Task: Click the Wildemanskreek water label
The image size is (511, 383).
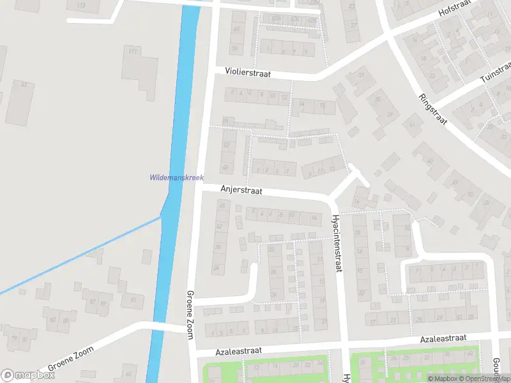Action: point(176,177)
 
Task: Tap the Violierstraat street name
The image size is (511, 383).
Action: point(248,74)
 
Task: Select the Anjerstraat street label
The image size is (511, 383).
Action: point(241,190)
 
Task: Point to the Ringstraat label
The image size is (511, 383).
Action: point(434,109)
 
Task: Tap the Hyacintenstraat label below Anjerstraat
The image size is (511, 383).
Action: point(335,243)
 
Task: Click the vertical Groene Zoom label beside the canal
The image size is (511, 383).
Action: point(190,311)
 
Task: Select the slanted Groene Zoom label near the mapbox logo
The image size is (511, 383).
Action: point(70,359)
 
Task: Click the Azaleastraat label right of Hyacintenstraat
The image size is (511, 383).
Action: point(443,338)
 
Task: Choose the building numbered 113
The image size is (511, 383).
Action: point(81,6)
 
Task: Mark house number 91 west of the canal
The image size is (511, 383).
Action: point(133,299)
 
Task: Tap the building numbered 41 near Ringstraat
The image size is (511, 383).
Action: point(412,124)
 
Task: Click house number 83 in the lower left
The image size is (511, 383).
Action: point(52,320)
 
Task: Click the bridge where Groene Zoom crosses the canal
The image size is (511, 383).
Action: point(167,327)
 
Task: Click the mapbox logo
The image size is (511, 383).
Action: point(28,375)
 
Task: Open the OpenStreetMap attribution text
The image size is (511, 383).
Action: point(486,379)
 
